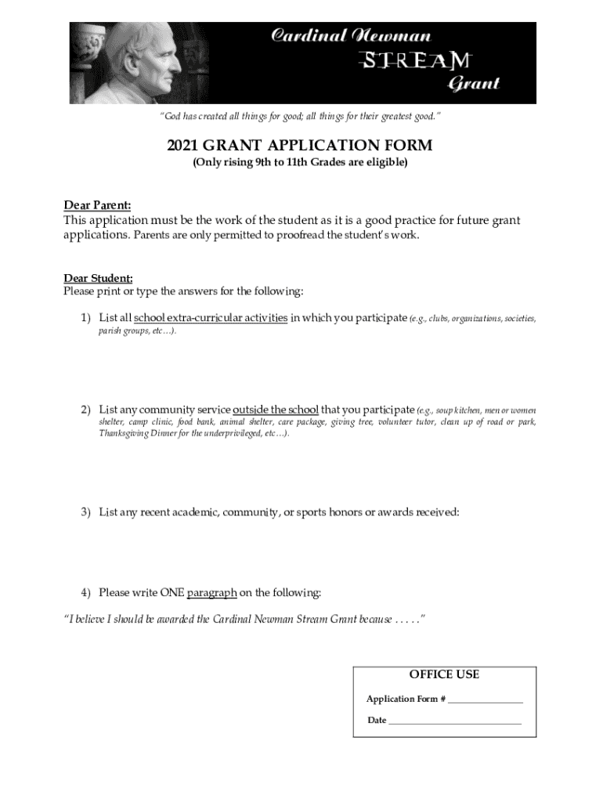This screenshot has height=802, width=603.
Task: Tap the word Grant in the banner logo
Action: point(473,83)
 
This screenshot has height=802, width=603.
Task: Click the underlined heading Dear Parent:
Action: point(97,206)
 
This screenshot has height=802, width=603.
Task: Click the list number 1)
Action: point(87,318)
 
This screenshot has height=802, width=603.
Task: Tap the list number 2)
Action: point(87,410)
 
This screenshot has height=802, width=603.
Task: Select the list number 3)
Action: point(87,512)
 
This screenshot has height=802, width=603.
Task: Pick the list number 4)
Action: point(87,592)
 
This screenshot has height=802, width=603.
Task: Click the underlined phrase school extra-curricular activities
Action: point(211,318)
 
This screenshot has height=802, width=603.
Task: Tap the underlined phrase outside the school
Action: point(276,410)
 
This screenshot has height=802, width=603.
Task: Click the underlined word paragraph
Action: point(211,592)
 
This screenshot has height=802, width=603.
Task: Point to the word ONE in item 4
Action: point(172,592)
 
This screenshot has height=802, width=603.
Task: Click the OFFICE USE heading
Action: point(444,674)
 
